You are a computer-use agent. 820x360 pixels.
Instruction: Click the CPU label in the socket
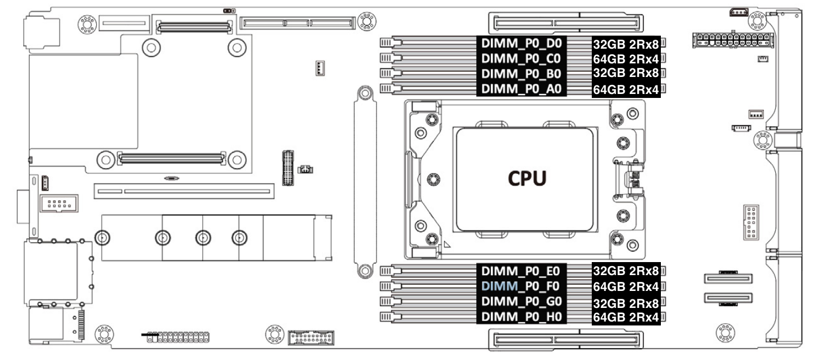click(526, 178)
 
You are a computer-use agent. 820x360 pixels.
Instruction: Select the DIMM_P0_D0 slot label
click(513, 43)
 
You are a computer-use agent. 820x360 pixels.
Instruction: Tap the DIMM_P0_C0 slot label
click(513, 58)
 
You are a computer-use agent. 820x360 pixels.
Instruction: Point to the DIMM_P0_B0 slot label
click(513, 73)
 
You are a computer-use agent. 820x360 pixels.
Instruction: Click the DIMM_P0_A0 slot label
click(513, 88)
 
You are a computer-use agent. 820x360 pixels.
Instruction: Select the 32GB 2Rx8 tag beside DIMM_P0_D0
click(626, 44)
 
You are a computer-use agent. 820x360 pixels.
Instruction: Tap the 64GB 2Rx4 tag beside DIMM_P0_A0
click(626, 89)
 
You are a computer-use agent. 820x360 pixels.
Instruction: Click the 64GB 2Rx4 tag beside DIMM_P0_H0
click(626, 318)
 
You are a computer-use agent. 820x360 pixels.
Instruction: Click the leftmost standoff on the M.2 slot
click(102, 237)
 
